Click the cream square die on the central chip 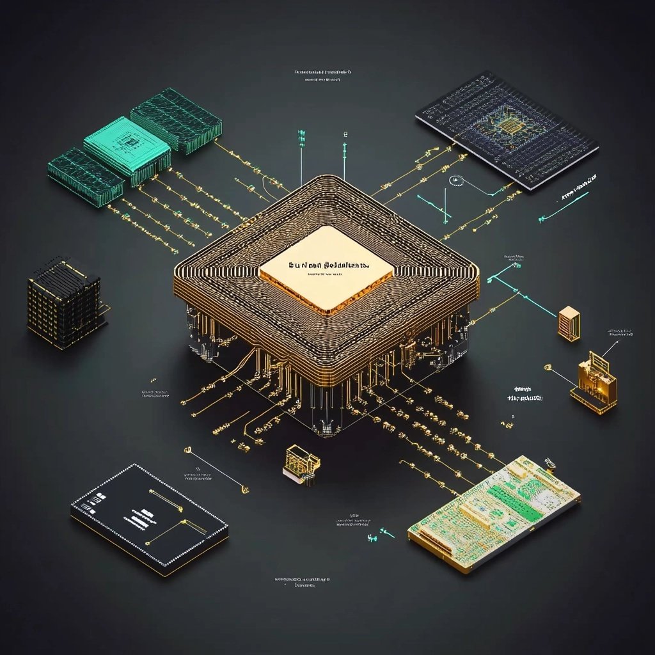tap(326, 269)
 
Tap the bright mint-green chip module tap(127, 149)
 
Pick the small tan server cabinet tap(568, 322)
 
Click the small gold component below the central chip tap(301, 462)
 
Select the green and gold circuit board tap(494, 512)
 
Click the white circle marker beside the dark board tap(456, 180)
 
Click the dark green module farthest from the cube tap(176, 120)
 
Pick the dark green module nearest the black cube tap(85, 176)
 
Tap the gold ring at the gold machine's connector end tap(548, 367)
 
